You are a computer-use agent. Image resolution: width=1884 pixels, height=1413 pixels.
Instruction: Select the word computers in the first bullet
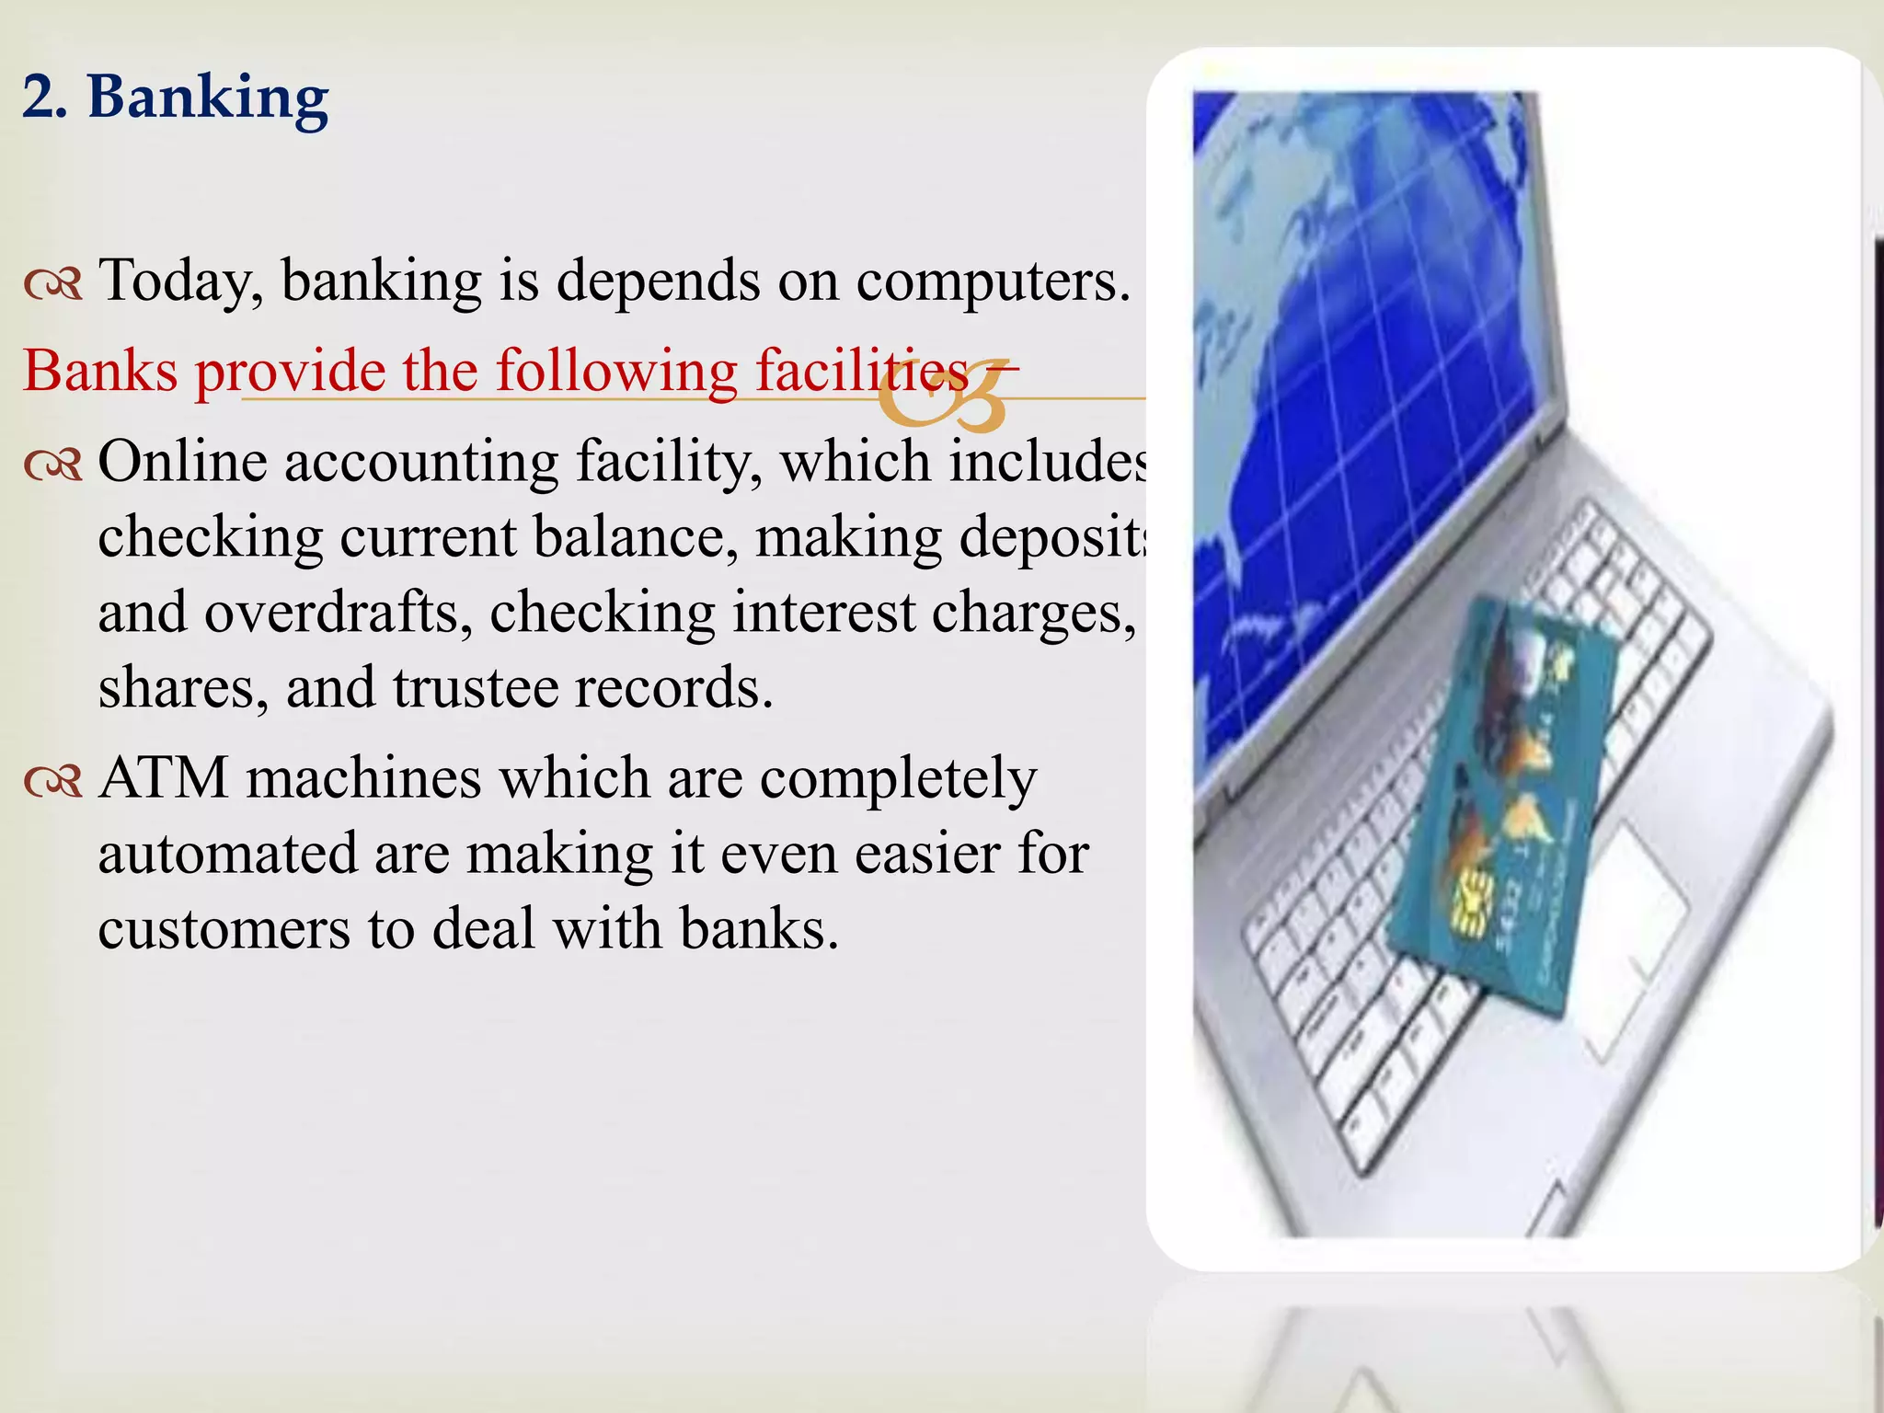(993, 280)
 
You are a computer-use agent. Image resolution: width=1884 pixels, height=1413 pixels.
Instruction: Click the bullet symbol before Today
(53, 285)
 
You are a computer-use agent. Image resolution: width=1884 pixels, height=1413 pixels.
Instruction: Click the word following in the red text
(615, 372)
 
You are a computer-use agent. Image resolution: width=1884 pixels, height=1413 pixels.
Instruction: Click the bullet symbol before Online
(53, 466)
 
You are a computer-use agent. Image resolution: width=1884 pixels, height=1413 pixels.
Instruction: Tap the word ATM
(163, 778)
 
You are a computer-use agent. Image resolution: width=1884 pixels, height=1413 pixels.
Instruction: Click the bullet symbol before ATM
(53, 783)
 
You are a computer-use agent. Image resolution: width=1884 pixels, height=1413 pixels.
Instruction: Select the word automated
(227, 854)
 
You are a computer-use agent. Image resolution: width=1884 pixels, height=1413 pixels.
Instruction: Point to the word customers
(224, 929)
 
